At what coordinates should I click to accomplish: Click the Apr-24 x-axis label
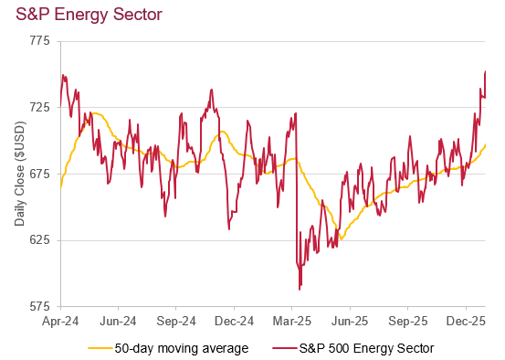pyautogui.click(x=60, y=322)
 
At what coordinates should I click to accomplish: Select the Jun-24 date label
pyautogui.click(x=118, y=322)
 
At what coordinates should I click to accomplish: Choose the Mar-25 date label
pyautogui.click(x=292, y=322)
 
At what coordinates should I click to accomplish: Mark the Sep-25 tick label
pyautogui.click(x=408, y=322)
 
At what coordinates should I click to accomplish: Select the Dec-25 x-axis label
pyautogui.click(x=466, y=322)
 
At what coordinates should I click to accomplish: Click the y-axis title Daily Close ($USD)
pyautogui.click(x=19, y=174)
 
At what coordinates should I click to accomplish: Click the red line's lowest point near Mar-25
pyautogui.click(x=300, y=290)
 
